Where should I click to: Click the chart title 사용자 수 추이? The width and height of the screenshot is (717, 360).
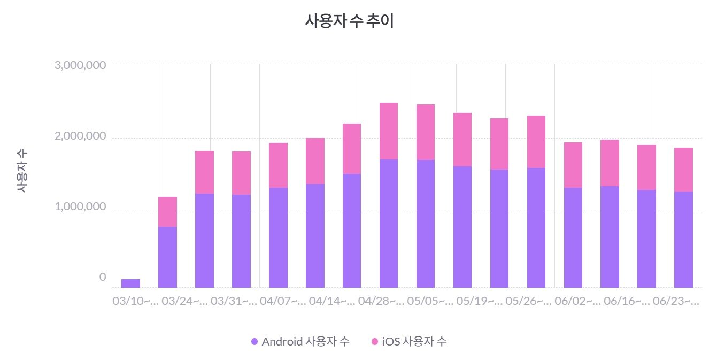[349, 21]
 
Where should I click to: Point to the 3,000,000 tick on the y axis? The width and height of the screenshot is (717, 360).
[80, 65]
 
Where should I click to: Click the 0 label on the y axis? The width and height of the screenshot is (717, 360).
[103, 277]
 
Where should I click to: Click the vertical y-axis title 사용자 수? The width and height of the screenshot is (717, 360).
[21, 171]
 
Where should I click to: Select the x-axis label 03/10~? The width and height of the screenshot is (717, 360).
[135, 302]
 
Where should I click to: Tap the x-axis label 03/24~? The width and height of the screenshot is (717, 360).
[184, 302]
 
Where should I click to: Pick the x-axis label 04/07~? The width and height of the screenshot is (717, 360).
[283, 302]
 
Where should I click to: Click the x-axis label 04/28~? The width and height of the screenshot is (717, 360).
[381, 302]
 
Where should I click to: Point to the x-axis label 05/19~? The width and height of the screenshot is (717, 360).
[480, 302]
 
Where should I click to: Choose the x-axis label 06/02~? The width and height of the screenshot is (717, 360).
[578, 302]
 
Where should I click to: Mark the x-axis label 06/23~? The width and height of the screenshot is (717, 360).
[676, 302]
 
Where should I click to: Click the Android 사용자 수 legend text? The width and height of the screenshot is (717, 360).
[305, 342]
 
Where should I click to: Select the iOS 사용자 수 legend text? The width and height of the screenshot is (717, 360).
[414, 342]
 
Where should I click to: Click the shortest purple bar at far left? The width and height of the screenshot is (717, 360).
[130, 283]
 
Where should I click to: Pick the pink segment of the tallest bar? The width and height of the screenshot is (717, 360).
[389, 131]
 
